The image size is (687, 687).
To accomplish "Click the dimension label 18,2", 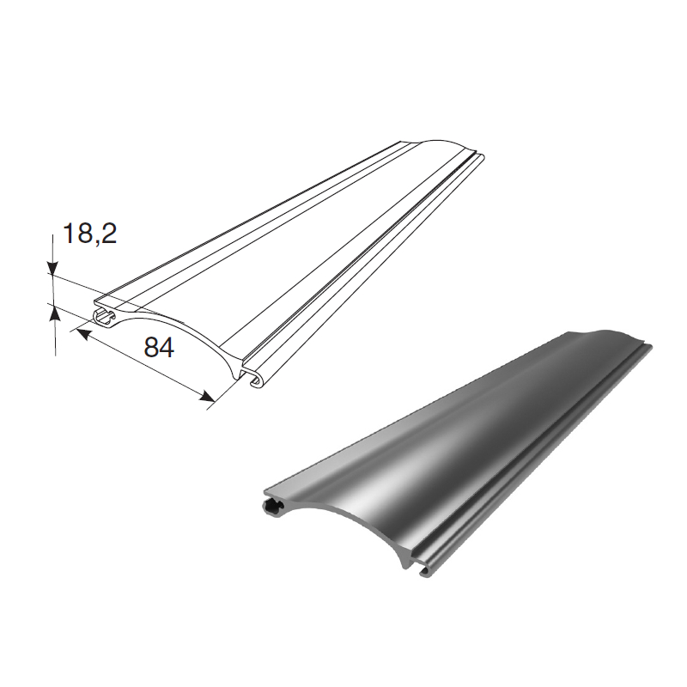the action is pyautogui.click(x=90, y=233).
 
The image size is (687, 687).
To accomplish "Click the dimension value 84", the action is pyautogui.click(x=159, y=348).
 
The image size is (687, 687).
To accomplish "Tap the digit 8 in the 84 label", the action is pyautogui.click(x=151, y=348).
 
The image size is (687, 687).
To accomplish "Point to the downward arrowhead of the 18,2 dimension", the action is pyautogui.click(x=52, y=268).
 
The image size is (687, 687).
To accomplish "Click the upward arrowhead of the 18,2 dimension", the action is pyautogui.click(x=55, y=313).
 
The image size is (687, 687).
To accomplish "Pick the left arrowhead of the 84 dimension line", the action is pyautogui.click(x=83, y=335).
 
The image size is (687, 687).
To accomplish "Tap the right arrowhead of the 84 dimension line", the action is pyautogui.click(x=207, y=397).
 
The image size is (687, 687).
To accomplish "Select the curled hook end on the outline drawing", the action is pyautogui.click(x=254, y=376).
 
